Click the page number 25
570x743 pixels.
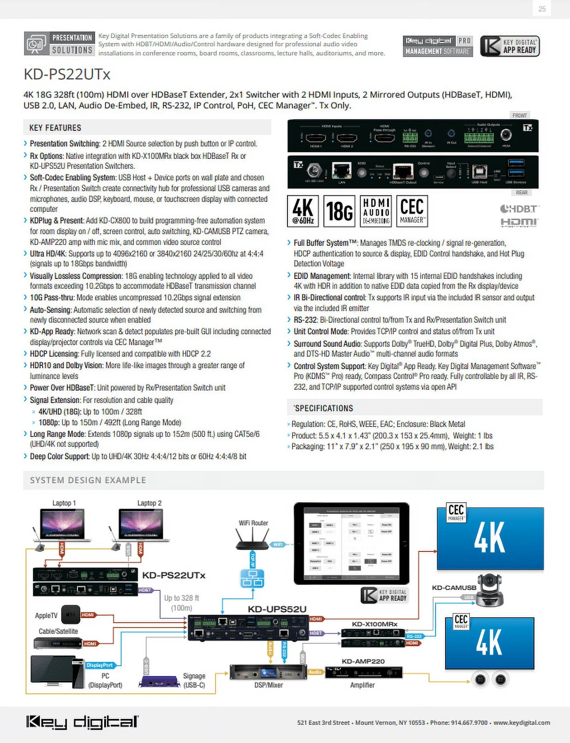click(542, 9)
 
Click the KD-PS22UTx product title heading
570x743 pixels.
click(67, 74)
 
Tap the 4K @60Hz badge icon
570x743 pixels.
click(303, 211)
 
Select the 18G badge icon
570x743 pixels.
click(339, 211)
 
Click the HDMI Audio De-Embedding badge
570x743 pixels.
click(376, 211)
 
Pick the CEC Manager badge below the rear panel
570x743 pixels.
click(412, 211)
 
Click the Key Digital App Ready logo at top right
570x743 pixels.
click(510, 46)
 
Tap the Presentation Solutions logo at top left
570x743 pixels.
click(60, 43)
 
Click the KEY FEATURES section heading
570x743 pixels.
click(55, 128)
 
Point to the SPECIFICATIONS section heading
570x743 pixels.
click(324, 408)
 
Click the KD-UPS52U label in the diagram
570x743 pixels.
click(277, 609)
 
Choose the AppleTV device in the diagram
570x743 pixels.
click(70, 615)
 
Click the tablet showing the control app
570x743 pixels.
click(351, 543)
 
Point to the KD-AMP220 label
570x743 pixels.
click(363, 661)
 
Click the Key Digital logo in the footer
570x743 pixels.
click(82, 722)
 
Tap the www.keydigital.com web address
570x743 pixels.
click(522, 722)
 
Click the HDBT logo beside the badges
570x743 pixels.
click(520, 209)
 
